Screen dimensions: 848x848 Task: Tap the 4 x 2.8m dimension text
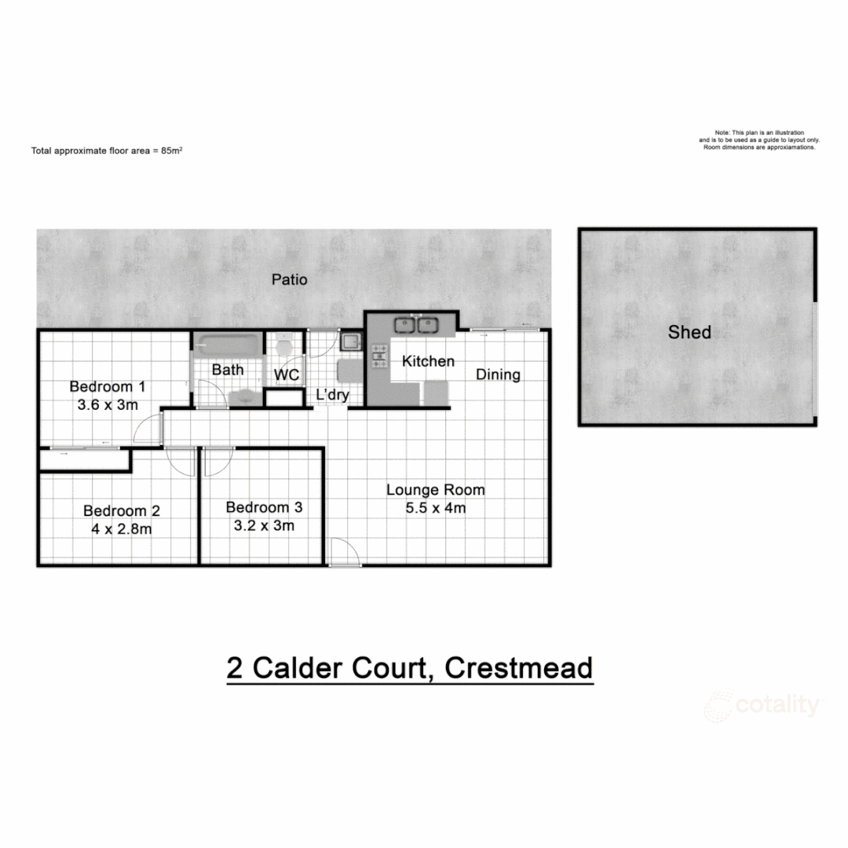(122, 528)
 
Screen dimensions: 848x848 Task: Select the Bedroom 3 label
(264, 507)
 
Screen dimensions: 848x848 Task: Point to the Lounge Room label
(435, 490)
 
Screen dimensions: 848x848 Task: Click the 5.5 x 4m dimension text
(435, 508)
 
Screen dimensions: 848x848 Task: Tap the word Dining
(498, 375)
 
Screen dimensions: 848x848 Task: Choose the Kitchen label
(428, 361)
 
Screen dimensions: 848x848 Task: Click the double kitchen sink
(415, 323)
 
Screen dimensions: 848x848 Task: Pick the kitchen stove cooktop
(380, 356)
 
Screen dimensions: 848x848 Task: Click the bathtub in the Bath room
(227, 344)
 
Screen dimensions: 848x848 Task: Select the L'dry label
(332, 395)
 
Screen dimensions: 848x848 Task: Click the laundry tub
(350, 342)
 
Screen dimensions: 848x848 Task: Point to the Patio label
(289, 279)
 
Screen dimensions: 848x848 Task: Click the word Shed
(689, 332)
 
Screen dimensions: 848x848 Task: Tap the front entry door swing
(343, 551)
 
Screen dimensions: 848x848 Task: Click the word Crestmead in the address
(518, 668)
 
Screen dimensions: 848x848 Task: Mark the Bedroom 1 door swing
(147, 430)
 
